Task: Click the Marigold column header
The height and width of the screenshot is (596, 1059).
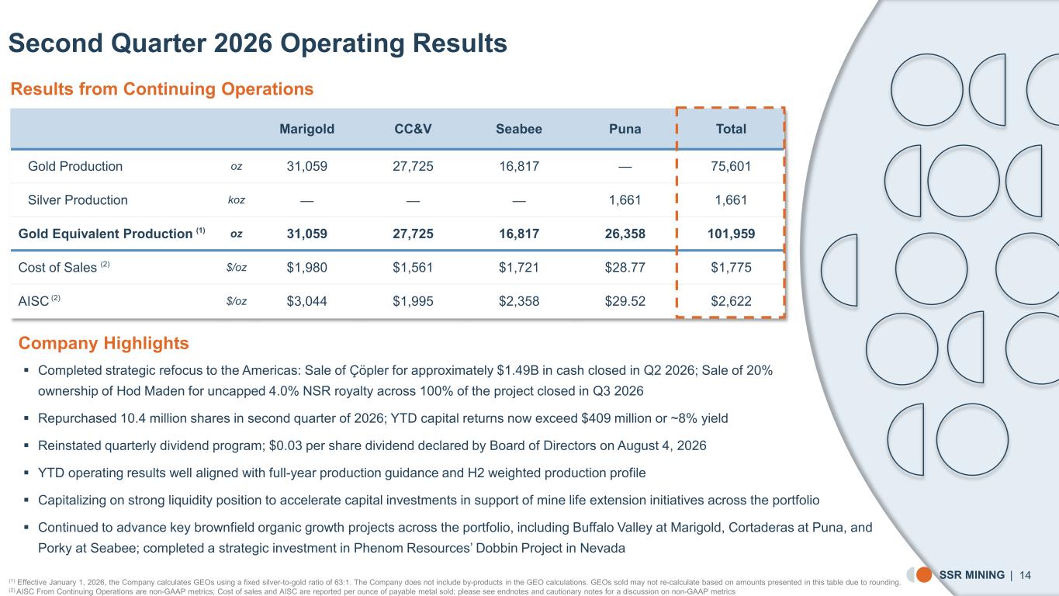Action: click(306, 129)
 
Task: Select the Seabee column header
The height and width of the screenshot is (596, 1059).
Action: click(518, 129)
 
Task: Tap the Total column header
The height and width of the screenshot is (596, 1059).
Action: click(731, 129)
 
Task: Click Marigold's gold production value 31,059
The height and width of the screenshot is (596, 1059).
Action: click(306, 166)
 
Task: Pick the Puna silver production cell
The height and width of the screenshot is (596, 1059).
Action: click(625, 200)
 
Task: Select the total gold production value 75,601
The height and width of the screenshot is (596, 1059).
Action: click(731, 166)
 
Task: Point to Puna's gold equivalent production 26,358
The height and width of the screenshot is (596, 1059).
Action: click(625, 234)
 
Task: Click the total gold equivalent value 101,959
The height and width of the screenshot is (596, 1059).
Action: click(731, 234)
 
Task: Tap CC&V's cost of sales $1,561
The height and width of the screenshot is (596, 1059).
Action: click(413, 268)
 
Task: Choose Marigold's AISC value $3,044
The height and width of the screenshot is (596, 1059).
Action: click(306, 301)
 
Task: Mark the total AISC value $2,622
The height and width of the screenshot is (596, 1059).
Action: click(731, 301)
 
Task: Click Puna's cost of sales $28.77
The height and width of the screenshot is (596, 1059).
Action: click(625, 268)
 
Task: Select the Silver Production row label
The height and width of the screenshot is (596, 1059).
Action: click(78, 200)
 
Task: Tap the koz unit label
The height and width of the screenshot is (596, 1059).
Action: click(237, 200)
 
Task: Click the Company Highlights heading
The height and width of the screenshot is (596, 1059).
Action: click(103, 343)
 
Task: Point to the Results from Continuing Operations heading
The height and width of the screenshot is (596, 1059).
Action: click(162, 89)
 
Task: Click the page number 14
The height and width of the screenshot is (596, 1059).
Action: click(1025, 575)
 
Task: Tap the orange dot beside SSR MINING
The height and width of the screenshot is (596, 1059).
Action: click(924, 575)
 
